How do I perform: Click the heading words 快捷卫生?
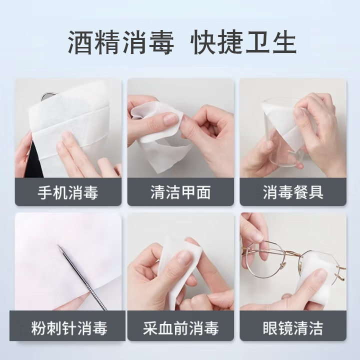244,42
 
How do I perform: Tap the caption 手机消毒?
68,192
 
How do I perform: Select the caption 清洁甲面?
180,192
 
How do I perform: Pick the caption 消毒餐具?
293,192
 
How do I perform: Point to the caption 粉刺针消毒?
68,328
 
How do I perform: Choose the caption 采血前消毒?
180,328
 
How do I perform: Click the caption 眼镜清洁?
293,328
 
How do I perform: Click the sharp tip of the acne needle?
58,246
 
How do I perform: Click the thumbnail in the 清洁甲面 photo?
170,118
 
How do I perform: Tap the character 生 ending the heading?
284,42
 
